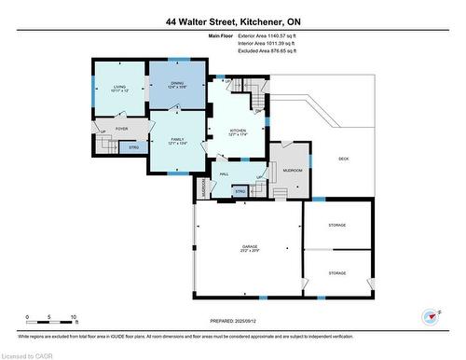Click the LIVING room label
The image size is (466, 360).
[119, 86]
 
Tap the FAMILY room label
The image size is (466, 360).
[177, 139]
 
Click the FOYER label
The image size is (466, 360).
[121, 129]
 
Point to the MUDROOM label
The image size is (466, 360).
[294, 172]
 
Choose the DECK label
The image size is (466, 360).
[343, 159]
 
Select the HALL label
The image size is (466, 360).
[225, 174]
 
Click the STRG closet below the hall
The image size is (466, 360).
[240, 192]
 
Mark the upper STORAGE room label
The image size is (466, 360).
[336, 227]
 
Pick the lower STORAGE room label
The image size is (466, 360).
[336, 273]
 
